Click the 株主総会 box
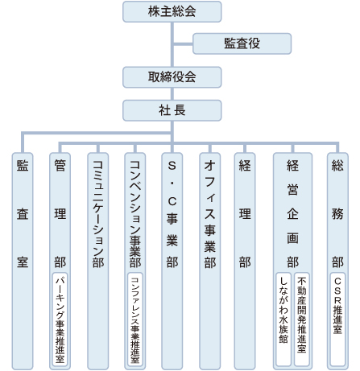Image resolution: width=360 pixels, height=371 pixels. tap(172, 11)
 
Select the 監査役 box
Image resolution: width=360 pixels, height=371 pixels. tap(242, 43)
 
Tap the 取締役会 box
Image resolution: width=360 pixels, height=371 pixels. tap(172, 77)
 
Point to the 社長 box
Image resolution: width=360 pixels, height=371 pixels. tap(172, 110)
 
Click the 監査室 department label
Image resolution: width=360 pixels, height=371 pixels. tap(23, 214)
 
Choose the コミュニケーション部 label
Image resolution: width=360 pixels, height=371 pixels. tap(98, 214)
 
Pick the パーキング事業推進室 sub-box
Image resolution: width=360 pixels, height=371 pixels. tap(60, 319)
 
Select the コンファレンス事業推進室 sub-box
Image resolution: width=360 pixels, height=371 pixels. tap(135, 319)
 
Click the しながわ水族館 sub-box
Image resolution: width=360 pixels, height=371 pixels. tap(283, 319)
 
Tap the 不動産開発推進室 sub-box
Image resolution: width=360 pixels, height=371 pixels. tap(302, 319)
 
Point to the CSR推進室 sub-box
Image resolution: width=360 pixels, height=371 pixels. tap(337, 319)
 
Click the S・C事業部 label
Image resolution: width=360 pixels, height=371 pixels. tap(172, 214)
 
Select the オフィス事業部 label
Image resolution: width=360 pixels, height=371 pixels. tap(210, 214)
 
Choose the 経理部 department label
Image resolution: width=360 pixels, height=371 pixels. tap(245, 214)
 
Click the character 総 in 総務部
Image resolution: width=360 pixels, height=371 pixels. tap(337, 166)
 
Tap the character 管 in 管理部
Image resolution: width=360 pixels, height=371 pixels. tap(60, 166)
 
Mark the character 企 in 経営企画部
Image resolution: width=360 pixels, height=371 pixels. tap(292, 214)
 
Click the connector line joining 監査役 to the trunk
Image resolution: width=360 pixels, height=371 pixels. tap(183, 43)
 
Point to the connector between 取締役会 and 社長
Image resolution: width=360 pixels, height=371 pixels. tap(172, 94)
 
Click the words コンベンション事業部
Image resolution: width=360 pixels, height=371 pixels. tap(135, 214)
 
